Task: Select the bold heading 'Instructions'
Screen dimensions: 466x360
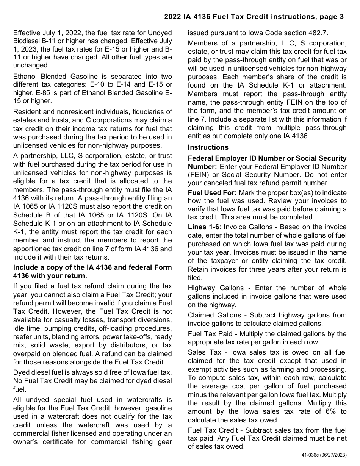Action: point(208,147)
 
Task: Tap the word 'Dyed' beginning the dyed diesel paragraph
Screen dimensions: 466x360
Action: point(21,372)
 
